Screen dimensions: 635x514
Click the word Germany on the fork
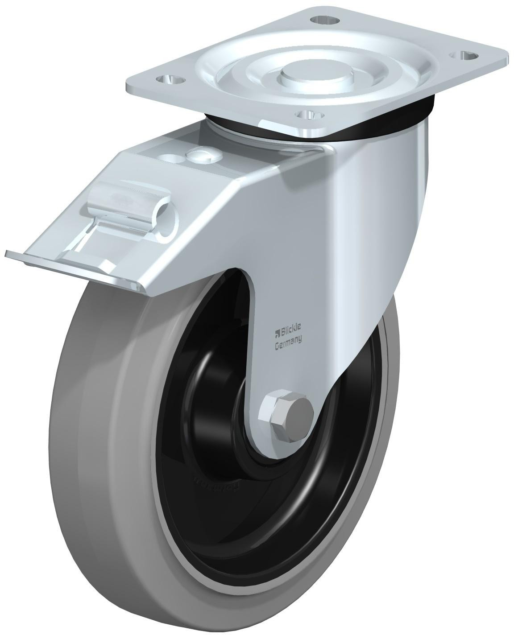point(287,341)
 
